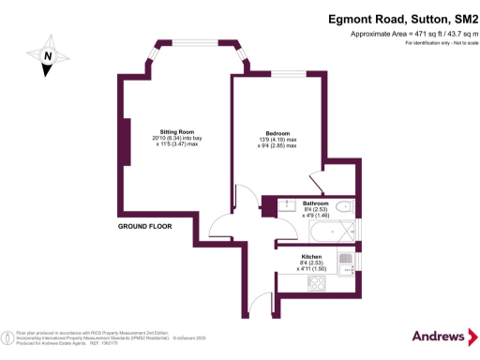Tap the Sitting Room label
point(176,132)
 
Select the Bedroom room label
point(277,132)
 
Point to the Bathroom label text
point(315,203)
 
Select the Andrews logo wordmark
point(439,336)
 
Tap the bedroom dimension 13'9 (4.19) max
point(277,139)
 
